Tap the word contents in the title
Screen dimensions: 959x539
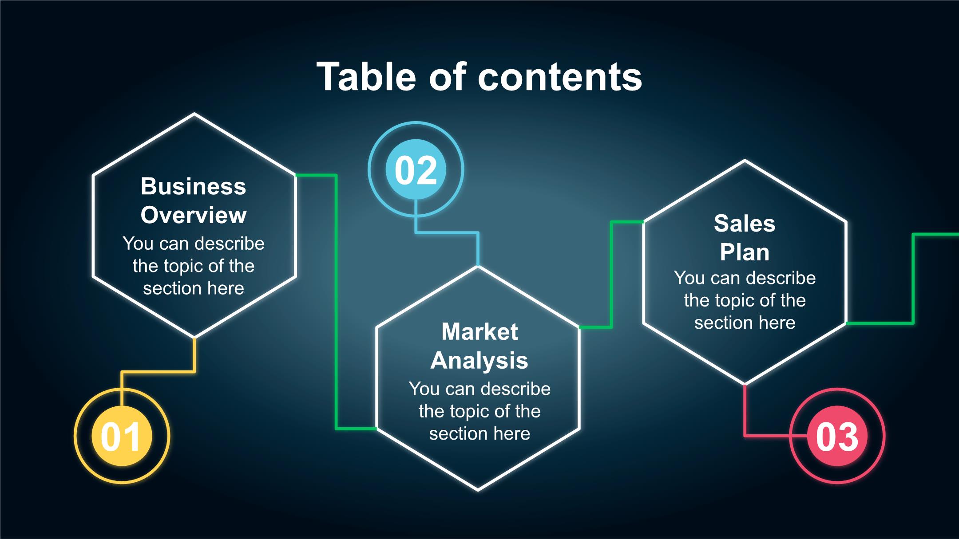click(560, 77)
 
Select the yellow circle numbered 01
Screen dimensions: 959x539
click(122, 436)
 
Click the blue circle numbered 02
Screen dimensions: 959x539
click(416, 169)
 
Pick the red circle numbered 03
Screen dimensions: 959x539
click(837, 436)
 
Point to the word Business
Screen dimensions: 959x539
click(193, 186)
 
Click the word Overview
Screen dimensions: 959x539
click(194, 215)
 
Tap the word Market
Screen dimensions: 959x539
click(479, 332)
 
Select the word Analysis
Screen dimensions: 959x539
click(479, 360)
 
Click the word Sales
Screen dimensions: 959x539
click(745, 223)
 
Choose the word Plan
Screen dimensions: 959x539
click(745, 252)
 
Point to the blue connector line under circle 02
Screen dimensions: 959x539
click(446, 232)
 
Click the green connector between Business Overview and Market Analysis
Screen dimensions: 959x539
click(336, 302)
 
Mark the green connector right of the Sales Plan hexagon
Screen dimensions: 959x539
click(913, 279)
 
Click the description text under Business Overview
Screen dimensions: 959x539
click(194, 266)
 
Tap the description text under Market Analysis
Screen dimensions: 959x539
click(479, 411)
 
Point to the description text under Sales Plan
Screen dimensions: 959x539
click(745, 300)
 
